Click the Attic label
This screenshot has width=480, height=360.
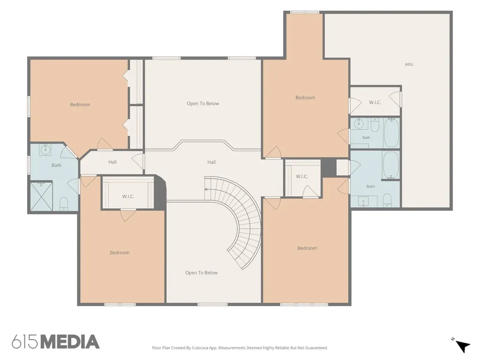[x=409, y=64]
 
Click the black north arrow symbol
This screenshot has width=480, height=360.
[x=463, y=346]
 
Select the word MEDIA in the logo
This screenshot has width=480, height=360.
[x=70, y=342]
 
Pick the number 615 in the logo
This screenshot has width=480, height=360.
[x=25, y=342]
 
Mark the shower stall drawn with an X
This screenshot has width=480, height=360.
[x=41, y=196]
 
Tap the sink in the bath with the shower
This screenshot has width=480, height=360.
[x=45, y=150]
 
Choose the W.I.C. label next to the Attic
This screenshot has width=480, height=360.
[x=375, y=102]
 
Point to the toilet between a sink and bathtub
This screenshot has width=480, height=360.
[x=375, y=125]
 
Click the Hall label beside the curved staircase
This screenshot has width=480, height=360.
[x=211, y=162]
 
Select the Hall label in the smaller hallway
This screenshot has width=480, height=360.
[x=112, y=162]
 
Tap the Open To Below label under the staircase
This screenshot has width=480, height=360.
[x=201, y=273]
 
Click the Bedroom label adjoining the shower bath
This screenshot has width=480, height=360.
[x=80, y=105]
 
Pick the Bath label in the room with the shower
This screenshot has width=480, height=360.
[x=56, y=165]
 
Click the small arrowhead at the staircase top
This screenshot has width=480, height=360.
[x=206, y=189]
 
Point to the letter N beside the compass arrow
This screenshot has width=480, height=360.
[x=452, y=339]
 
